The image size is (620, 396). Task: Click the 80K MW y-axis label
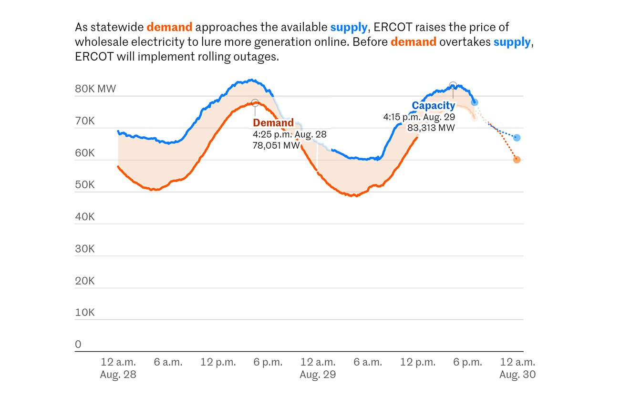[x=95, y=89]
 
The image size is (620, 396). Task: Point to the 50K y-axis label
[x=85, y=185]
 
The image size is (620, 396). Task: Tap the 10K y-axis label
[x=85, y=313]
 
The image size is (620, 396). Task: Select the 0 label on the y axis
[x=78, y=344]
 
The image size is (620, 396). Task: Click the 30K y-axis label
[x=85, y=249]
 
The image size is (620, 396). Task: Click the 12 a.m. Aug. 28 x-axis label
[x=118, y=368]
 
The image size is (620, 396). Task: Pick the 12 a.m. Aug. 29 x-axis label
[x=318, y=368]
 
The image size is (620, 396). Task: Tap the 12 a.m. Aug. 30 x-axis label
[x=517, y=368]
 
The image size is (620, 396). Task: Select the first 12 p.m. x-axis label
[x=218, y=362]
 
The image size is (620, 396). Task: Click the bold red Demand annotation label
[x=273, y=123]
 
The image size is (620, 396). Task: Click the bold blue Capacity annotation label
[x=434, y=106]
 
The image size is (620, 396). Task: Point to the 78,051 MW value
[x=276, y=145]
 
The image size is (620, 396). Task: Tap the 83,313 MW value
[x=431, y=128]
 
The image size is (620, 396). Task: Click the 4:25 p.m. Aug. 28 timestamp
[x=289, y=134]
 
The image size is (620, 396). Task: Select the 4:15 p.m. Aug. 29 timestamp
[x=419, y=117]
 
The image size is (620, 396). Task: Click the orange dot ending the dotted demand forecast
[x=517, y=160]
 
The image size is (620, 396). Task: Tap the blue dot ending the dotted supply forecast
[x=517, y=138]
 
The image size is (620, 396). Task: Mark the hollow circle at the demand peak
[x=255, y=103]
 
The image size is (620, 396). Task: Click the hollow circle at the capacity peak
[x=453, y=86]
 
